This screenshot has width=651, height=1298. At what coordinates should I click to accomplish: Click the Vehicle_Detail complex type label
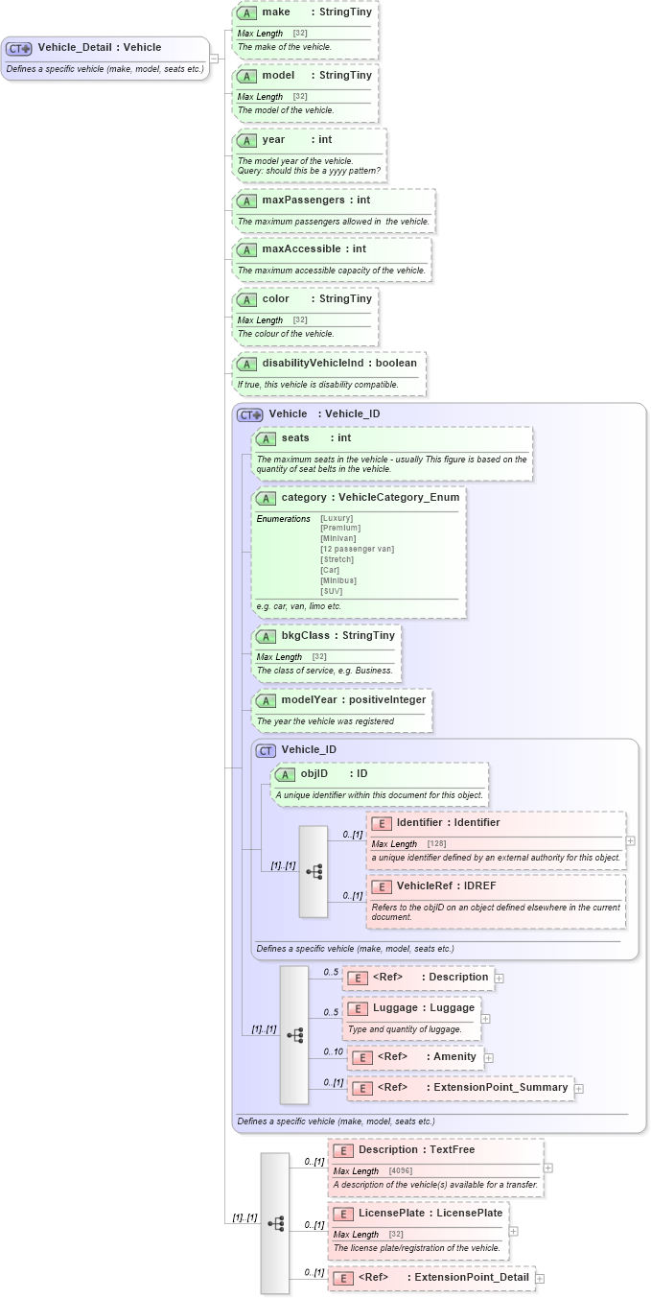tap(99, 47)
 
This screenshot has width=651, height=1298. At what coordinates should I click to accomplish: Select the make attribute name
tap(276, 12)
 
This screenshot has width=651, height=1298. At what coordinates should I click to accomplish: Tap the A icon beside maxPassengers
tap(246, 201)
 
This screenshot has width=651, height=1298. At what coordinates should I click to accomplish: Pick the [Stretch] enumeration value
tap(337, 559)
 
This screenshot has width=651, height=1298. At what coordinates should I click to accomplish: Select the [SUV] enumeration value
tap(331, 591)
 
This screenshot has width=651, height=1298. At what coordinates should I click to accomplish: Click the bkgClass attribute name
tap(305, 635)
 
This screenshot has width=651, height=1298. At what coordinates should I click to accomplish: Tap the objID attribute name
tap(314, 773)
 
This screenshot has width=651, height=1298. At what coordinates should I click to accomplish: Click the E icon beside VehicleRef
tap(382, 885)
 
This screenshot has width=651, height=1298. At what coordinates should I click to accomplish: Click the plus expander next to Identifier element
tap(630, 840)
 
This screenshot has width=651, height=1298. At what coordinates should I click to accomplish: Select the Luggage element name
tap(395, 1007)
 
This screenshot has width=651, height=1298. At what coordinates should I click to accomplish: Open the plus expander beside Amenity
tap(489, 1057)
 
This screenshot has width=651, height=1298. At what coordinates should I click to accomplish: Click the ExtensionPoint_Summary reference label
tap(500, 1087)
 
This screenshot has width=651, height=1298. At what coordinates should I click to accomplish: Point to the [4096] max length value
tap(402, 1170)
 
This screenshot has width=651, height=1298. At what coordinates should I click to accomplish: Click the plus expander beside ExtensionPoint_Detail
tap(540, 1278)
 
